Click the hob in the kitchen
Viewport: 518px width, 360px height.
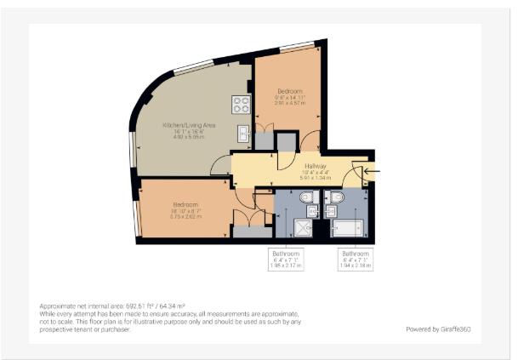tap(241, 105)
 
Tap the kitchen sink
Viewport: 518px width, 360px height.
tap(242, 133)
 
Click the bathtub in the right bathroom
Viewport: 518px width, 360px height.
tap(349, 227)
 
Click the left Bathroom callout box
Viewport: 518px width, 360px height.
tap(286, 260)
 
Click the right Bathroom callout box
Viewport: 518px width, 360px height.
tap(356, 260)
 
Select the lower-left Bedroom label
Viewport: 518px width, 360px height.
tap(185, 204)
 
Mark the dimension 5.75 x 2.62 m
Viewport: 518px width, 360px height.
tap(185, 217)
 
